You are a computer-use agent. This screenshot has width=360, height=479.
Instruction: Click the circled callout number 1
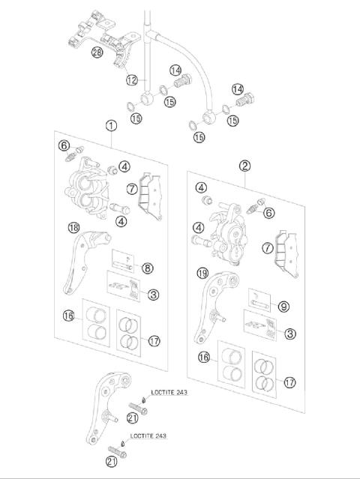110,126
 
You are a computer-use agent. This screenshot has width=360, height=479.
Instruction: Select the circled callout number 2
244,165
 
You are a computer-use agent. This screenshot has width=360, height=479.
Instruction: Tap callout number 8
148,267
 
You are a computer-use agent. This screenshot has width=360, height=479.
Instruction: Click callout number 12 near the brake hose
132,80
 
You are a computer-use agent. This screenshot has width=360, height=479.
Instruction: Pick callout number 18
73,228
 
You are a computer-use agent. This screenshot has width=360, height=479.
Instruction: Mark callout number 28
97,52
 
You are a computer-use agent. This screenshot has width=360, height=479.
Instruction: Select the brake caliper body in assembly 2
227,237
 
